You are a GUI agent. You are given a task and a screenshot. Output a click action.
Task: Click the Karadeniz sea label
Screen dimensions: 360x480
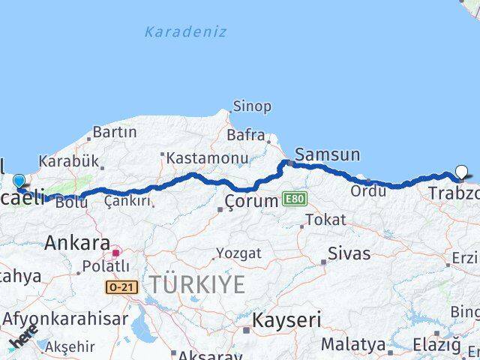click(185, 32)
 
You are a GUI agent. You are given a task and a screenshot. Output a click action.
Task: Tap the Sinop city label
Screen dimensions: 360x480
click(252, 106)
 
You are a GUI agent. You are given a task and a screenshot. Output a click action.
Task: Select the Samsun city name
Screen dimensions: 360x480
click(327, 155)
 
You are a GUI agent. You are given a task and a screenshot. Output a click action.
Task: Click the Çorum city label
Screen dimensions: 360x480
click(252, 201)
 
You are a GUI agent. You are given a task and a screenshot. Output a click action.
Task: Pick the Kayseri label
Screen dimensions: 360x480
click(286, 321)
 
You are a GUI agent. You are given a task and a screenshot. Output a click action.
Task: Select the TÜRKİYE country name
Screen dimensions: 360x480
click(196, 285)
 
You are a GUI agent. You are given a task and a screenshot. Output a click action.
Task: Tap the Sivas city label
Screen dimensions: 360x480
click(349, 254)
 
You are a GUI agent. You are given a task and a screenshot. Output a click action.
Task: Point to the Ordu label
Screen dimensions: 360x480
click(368, 191)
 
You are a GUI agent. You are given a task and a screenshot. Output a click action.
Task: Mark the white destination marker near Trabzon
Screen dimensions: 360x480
click(461, 172)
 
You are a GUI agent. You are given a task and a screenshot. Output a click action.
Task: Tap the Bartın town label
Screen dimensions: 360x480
click(114, 132)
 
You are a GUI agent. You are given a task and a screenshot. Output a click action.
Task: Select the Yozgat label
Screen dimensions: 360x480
click(238, 253)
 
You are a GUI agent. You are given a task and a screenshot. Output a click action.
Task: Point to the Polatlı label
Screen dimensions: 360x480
click(105, 267)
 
